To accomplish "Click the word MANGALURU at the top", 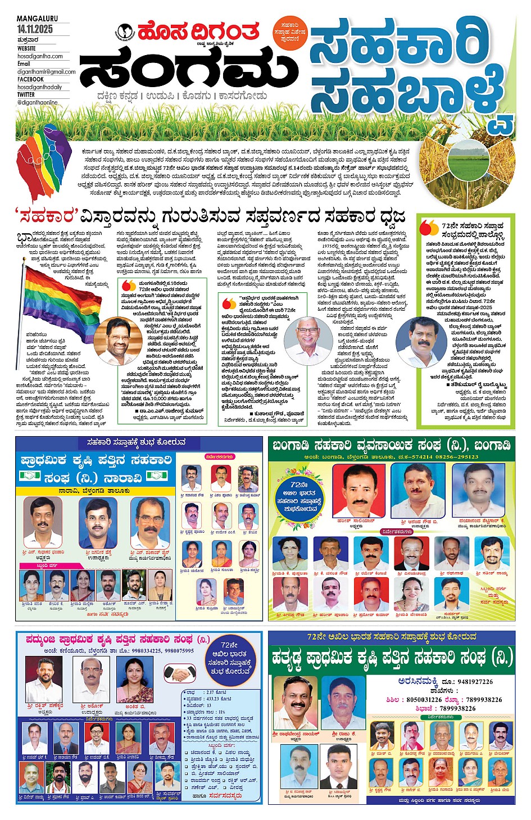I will (x=37, y=19).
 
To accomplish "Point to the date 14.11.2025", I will (x=35, y=29).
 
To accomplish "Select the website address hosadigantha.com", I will (x=40, y=56).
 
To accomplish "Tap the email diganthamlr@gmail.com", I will (x=46, y=72).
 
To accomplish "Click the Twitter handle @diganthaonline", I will (x=37, y=103).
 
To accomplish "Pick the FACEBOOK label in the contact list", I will (x=30, y=80).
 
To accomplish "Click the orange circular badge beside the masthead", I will (x=289, y=32).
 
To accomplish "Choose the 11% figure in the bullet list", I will (x=223, y=712).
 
